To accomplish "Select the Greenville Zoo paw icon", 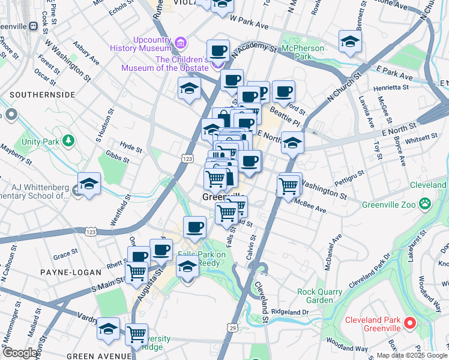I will pos(426,204).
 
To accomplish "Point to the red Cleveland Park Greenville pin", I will pos(411,323).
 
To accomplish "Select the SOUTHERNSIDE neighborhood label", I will pos(42,95).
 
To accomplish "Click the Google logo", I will pos(20,353).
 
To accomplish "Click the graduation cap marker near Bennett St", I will pos(350,41).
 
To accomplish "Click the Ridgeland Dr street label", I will pos(289,312).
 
